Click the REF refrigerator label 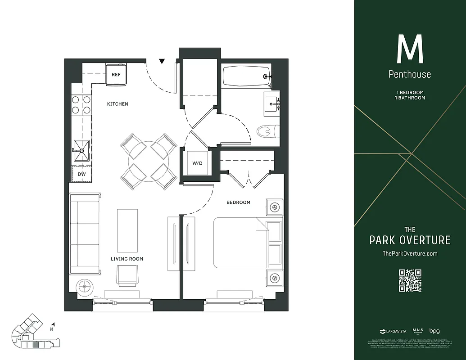tap(116, 75)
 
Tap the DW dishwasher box tap(81, 174)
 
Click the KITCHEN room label tap(118, 104)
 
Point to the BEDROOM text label tap(238, 202)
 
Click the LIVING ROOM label tap(127, 259)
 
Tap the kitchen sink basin tap(81, 150)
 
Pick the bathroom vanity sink tap(271, 103)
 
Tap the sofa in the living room tap(85, 234)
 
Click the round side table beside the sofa tap(84, 287)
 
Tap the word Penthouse tap(410, 74)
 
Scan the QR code tap(410, 280)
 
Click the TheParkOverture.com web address tap(410, 254)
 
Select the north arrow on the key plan tap(53, 324)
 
